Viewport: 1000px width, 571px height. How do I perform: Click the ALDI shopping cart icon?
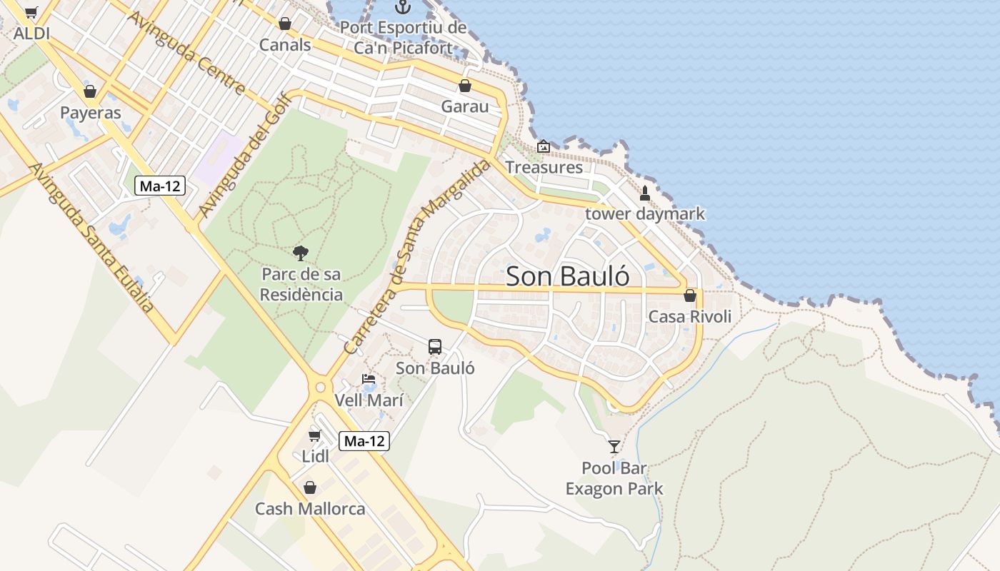pyautogui.click(x=31, y=12)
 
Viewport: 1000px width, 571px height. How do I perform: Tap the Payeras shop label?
pyautogui.click(x=91, y=113)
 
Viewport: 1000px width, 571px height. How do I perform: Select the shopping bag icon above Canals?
pyautogui.click(x=285, y=24)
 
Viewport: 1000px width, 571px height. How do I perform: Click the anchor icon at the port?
pyautogui.click(x=404, y=7)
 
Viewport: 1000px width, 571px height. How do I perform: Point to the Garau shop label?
pyautogui.click(x=465, y=106)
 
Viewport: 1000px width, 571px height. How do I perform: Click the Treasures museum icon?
pyautogui.click(x=544, y=146)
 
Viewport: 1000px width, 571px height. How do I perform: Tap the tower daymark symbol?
pyautogui.click(x=645, y=193)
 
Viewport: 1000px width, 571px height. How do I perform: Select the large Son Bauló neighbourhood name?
pyautogui.click(x=568, y=276)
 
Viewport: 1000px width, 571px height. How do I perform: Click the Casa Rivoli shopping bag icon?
pyautogui.click(x=690, y=295)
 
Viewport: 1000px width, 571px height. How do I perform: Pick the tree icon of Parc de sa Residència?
pyautogui.click(x=301, y=252)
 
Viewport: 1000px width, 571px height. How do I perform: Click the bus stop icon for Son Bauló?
pyautogui.click(x=435, y=347)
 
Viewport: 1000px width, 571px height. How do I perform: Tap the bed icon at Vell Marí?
pyautogui.click(x=369, y=379)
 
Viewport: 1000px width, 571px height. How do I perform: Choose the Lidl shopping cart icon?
pyautogui.click(x=314, y=435)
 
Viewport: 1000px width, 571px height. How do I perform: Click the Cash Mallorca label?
pyautogui.click(x=310, y=509)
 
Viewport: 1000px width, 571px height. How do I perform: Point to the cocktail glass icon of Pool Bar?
pyautogui.click(x=614, y=447)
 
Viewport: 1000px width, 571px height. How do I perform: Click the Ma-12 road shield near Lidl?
pyautogui.click(x=364, y=441)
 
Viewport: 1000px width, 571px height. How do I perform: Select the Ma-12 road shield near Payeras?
pyautogui.click(x=160, y=186)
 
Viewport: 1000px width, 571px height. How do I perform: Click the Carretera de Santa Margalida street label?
pyautogui.click(x=418, y=257)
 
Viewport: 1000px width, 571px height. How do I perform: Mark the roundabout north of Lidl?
pyautogui.click(x=319, y=388)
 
